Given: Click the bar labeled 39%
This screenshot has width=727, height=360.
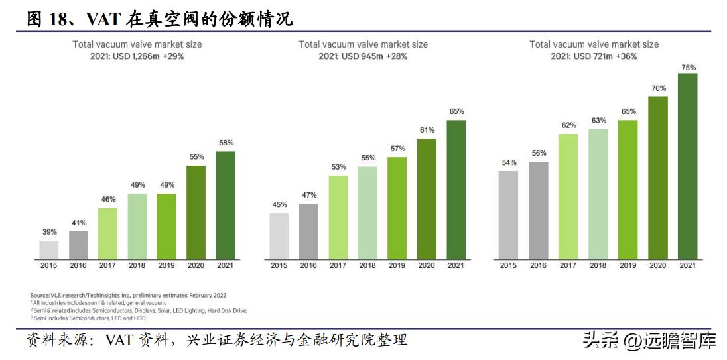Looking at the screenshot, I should click(x=49, y=249).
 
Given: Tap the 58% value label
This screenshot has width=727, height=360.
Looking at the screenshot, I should click(x=226, y=143).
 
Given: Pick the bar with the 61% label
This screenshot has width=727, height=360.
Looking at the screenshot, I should click(x=427, y=198).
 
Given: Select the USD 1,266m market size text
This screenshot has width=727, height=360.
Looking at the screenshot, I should click(x=138, y=56).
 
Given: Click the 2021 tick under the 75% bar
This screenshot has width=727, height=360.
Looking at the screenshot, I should click(x=687, y=265).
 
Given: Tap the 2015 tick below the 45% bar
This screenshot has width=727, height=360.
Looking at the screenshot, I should click(x=279, y=265).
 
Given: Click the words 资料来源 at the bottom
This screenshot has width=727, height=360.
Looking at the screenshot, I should click(x=53, y=341).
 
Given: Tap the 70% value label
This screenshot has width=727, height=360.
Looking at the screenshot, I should click(x=657, y=88).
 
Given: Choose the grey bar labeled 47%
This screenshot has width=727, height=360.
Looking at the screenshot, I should click(x=308, y=231).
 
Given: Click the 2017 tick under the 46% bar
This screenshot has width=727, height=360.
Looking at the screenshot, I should click(x=107, y=265).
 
